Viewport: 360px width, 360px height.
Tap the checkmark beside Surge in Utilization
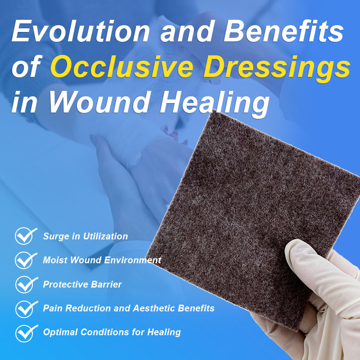click(x=26, y=236)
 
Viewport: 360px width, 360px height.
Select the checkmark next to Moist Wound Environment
click(x=26, y=260)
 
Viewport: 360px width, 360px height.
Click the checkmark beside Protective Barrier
click(x=26, y=284)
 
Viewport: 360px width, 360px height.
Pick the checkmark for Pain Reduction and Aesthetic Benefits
click(x=26, y=309)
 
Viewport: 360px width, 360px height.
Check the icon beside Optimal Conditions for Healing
click(x=26, y=333)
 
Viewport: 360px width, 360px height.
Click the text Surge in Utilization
click(x=85, y=236)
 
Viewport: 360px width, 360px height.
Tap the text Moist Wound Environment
click(x=102, y=260)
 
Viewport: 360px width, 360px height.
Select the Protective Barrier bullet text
click(x=82, y=284)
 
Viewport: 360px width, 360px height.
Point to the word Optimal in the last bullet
click(x=59, y=333)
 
